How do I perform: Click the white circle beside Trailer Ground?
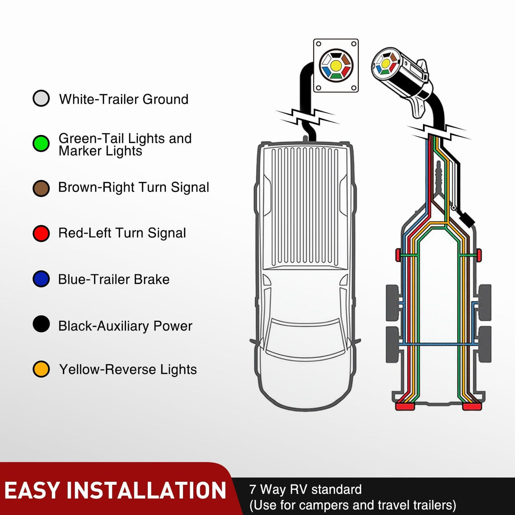pos(41,98)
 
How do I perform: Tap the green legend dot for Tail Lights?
pos(41,143)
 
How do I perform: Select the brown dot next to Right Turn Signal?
pos(41,188)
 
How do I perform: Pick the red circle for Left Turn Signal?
pos(41,233)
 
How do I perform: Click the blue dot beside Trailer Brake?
pos(41,279)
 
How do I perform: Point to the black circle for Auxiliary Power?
pos(41,325)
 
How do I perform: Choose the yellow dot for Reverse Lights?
pos(41,369)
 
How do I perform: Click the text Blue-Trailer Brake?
pos(114,279)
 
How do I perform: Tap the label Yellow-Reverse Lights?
pos(128,369)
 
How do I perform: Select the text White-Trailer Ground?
pos(123,99)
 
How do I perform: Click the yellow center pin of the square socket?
pos(336,65)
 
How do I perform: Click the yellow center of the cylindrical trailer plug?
pos(386,63)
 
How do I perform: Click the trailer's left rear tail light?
pos(405,406)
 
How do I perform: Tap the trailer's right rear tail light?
pos(472,406)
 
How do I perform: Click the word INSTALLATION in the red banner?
pos(146,491)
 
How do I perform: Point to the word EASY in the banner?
pos(32,491)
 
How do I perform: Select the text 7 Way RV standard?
pos(305,490)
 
